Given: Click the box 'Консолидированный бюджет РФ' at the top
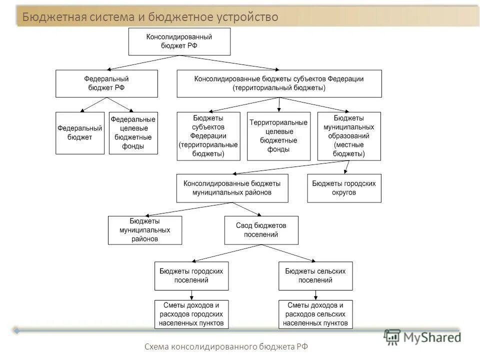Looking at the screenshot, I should point(179,41).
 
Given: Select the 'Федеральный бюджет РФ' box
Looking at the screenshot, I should point(106,83).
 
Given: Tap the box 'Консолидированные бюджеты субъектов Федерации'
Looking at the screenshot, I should point(279,83).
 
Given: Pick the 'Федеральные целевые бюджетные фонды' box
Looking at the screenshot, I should point(133,133).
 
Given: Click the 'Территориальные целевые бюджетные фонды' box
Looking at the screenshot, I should point(278,136).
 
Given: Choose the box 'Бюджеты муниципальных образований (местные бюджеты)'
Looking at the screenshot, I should point(349,136).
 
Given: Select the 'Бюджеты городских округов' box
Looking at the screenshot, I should point(344,188).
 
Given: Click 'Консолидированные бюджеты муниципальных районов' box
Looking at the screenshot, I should point(232,188).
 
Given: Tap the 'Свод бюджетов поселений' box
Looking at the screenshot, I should point(261,230).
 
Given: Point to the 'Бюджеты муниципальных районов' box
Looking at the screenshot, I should point(144,230).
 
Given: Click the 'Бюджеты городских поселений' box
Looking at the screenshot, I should point(191,275).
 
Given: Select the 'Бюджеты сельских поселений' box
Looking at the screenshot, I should point(315,275).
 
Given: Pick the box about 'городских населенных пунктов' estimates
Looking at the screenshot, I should point(191,314).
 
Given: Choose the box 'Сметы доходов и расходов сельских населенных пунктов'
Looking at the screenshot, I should point(315,314).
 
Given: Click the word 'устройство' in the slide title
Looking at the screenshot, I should point(247,17).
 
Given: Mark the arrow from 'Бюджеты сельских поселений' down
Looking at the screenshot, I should point(315,295).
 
